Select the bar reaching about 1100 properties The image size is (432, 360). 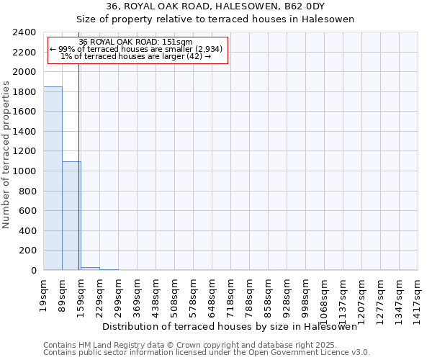point(71,216)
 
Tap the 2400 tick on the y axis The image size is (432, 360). point(24,32)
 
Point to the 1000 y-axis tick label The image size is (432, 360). point(24,171)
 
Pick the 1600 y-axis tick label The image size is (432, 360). point(24,112)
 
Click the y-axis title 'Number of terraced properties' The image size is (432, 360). point(7,154)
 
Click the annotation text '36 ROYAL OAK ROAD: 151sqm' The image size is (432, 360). point(136,42)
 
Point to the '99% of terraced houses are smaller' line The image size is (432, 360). point(136,49)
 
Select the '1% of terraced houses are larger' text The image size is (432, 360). point(136,56)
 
